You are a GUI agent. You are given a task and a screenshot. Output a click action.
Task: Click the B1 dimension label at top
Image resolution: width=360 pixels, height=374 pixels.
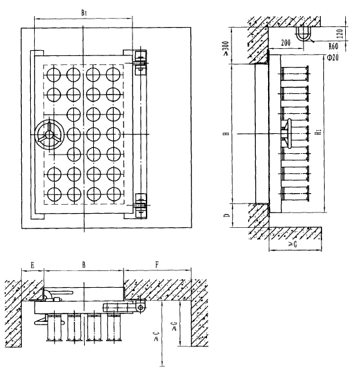pos(84,13)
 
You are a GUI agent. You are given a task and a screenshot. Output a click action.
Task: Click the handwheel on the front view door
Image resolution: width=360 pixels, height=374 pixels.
pos(50,135)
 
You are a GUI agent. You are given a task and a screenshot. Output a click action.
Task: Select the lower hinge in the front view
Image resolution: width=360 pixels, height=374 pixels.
pos(141,205)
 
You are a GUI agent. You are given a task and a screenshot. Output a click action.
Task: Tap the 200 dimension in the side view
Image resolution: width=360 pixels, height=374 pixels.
pos(285,42)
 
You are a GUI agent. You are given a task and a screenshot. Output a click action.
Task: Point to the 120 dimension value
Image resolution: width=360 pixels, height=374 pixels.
pos(340,33)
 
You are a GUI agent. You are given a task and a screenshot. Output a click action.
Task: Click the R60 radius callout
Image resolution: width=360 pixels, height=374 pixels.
pos(333,46)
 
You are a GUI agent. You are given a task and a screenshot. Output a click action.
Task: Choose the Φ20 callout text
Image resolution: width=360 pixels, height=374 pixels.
pos(333,57)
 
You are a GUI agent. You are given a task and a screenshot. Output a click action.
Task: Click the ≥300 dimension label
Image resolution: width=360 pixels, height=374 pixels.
pos(226,49)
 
